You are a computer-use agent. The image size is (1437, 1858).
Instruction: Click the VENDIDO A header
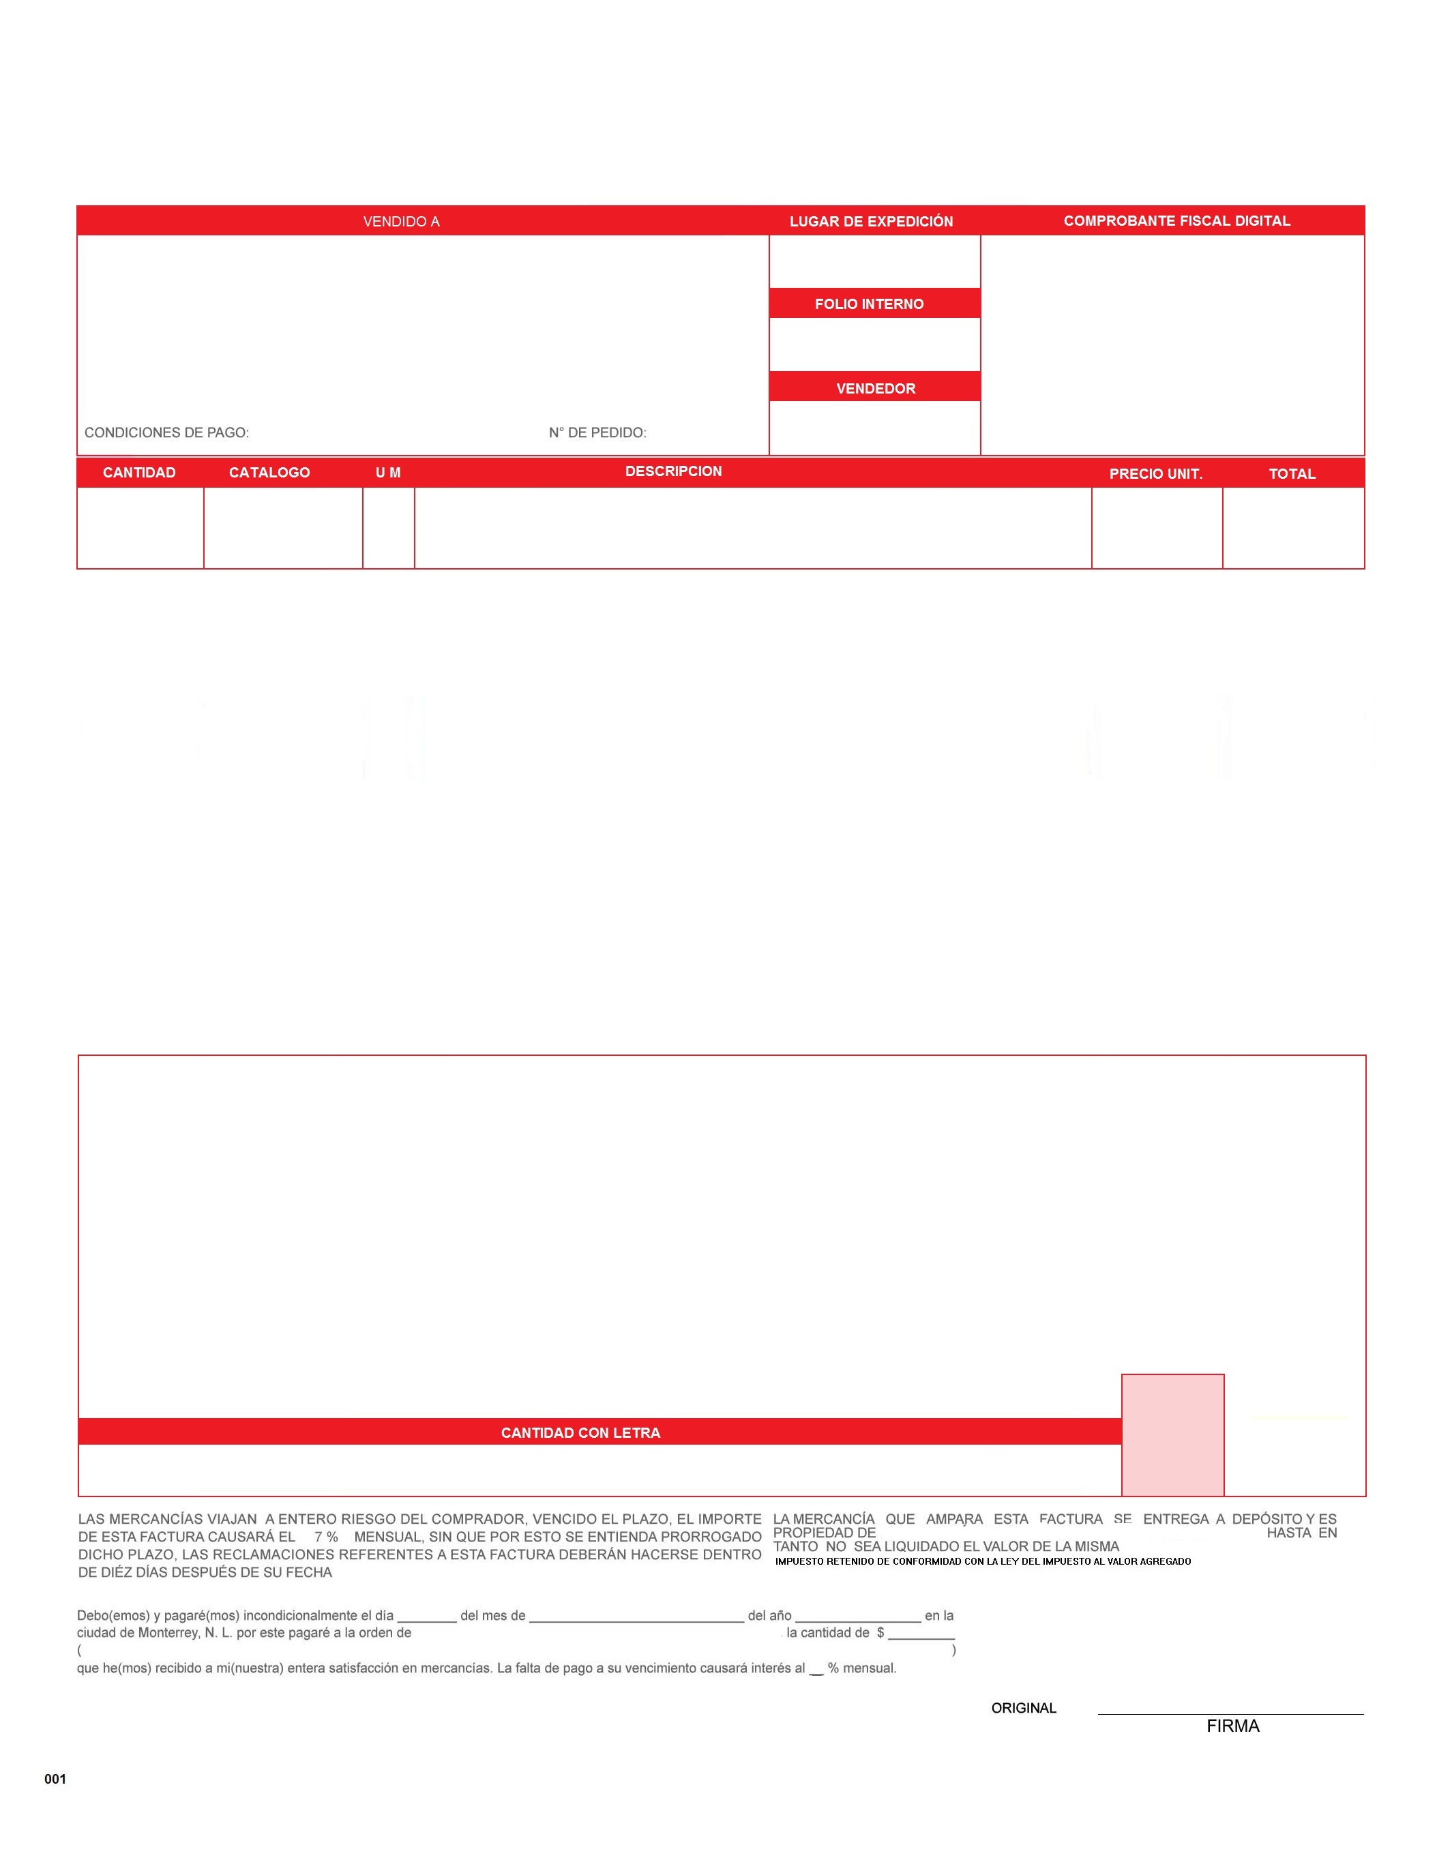(401, 221)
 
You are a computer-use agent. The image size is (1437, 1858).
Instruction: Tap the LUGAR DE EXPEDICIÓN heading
(870, 221)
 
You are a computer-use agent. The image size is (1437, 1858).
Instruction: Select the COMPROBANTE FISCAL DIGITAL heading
(1176, 220)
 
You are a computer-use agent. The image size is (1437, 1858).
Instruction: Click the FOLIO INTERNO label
(869, 304)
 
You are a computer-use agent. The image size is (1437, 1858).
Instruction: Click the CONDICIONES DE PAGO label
(167, 432)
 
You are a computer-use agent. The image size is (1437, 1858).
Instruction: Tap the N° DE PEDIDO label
(597, 432)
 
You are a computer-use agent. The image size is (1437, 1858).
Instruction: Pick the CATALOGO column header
(269, 472)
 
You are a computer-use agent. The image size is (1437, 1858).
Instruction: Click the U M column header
(388, 472)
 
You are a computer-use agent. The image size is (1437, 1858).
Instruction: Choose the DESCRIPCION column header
(673, 471)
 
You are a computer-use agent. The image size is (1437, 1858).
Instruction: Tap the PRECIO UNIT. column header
(1155, 474)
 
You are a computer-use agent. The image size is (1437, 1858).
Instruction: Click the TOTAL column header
(1292, 474)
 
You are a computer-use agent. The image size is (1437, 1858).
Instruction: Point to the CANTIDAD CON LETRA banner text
(580, 1432)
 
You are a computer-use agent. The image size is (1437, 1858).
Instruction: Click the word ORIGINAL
(1024, 1707)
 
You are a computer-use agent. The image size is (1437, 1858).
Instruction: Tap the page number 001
(55, 1779)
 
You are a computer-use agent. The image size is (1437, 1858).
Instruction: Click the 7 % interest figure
(326, 1537)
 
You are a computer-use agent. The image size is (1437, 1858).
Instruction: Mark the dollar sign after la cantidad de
(880, 1632)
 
